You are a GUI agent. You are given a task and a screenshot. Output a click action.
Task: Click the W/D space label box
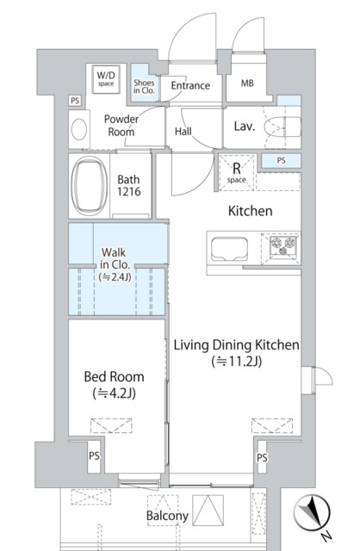tap(106, 79)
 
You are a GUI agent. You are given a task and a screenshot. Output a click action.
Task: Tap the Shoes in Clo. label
tap(144, 86)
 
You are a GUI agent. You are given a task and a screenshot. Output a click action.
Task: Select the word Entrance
tap(190, 86)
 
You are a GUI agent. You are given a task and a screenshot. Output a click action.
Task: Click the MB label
tap(247, 84)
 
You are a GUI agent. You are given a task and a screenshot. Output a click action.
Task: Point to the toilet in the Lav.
tap(282, 127)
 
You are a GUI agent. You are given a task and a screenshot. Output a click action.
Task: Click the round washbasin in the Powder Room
tap(79, 129)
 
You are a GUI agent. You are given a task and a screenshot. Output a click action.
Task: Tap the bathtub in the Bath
tap(90, 186)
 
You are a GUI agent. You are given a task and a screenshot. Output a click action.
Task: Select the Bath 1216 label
tap(128, 186)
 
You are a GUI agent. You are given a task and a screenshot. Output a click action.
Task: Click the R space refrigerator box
tap(237, 173)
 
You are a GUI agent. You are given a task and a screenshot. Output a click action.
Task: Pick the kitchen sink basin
tap(230, 249)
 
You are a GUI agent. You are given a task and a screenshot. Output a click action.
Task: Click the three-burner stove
tap(283, 245)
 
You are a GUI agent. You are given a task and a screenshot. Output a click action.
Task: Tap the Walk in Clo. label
tap(115, 264)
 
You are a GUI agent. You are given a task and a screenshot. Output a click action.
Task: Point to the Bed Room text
tap(115, 377)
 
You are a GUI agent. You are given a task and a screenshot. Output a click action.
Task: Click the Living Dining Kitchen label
tap(237, 352)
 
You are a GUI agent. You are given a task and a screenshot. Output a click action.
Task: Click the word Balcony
tap(167, 516)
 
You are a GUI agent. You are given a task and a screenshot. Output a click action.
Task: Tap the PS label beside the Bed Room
tap(94, 456)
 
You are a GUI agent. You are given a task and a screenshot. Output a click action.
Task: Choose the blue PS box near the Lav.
tap(281, 161)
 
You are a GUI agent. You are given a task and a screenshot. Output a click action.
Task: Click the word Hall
tap(183, 132)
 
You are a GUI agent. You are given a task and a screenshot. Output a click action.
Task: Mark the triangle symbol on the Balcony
tap(208, 511)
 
